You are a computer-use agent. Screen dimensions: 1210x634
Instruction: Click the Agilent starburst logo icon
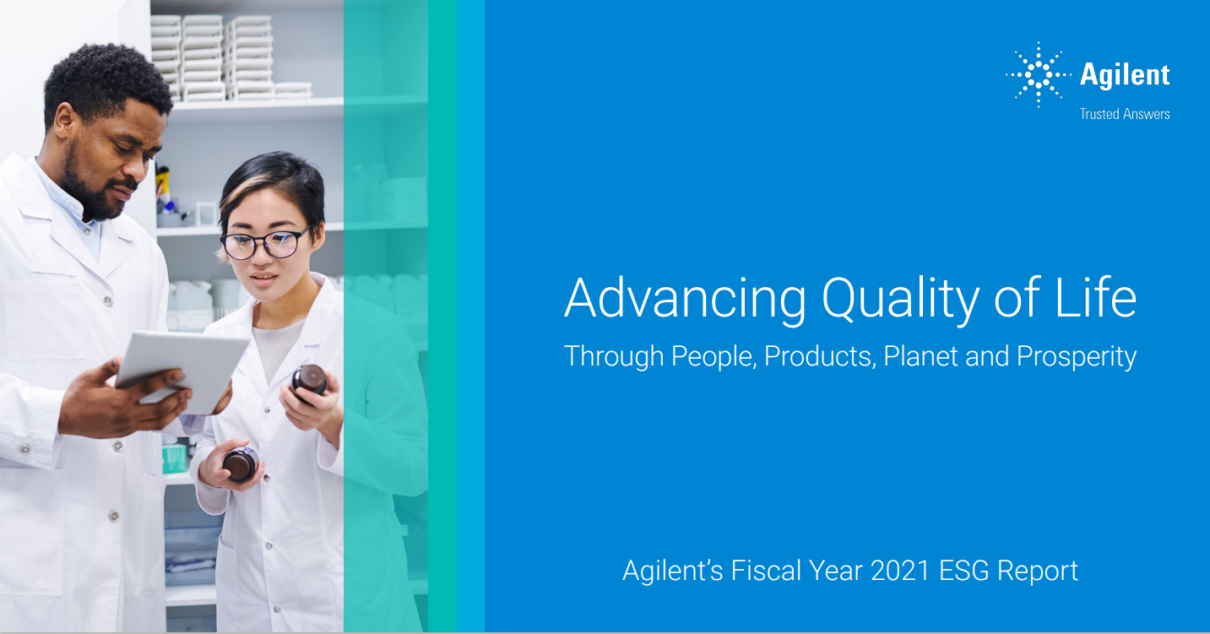(1038, 74)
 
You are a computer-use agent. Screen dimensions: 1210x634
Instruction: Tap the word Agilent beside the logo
(1125, 74)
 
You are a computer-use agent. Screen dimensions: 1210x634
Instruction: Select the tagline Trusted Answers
(1125, 114)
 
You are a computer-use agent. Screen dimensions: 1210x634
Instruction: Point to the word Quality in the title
(900, 300)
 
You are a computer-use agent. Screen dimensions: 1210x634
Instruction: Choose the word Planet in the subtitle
(920, 356)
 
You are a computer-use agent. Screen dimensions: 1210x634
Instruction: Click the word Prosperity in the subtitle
(1077, 357)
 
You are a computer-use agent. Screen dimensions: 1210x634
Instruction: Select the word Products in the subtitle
(820, 356)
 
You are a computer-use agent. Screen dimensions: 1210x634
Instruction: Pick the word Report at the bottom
(1038, 572)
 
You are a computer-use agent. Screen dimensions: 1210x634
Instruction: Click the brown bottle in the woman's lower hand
(241, 463)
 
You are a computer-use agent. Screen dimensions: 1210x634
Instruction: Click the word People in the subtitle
(714, 357)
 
